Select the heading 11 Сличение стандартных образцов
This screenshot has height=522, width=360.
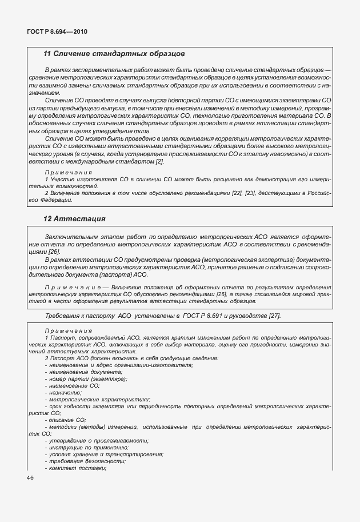(114, 54)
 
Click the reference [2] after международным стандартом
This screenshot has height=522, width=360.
(160, 161)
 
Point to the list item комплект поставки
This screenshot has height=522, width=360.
(77, 468)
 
